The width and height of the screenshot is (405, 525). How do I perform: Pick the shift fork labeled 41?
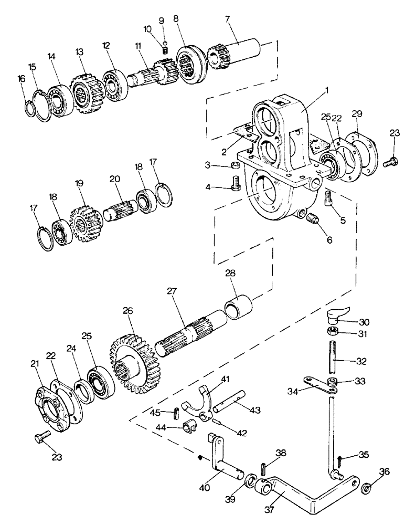tap(197, 404)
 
